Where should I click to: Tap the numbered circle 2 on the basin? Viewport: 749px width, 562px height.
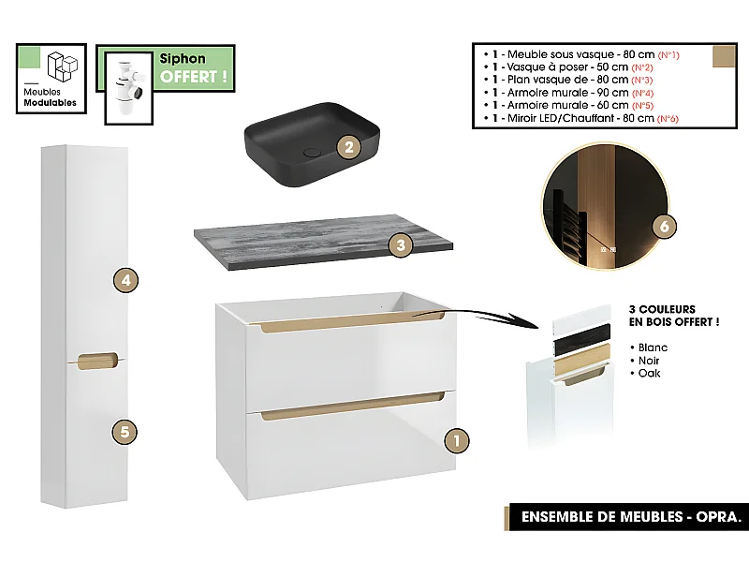point(347,147)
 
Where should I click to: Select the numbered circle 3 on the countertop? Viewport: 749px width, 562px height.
point(400,245)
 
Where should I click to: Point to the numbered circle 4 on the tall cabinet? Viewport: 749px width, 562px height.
point(125,279)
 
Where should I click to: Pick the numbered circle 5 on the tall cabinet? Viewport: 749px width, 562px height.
point(125,432)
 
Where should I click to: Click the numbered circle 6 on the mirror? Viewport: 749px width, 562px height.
point(663,228)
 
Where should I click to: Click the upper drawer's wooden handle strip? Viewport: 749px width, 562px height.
point(352,324)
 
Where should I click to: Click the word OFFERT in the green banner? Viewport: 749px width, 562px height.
point(194,77)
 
